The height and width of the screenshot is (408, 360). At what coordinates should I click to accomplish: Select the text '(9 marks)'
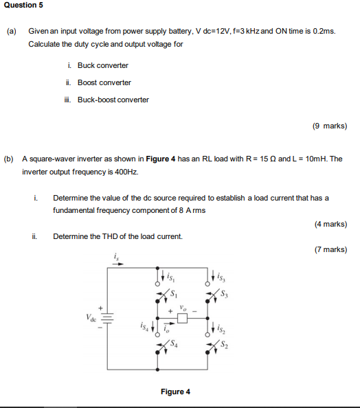(x=329, y=126)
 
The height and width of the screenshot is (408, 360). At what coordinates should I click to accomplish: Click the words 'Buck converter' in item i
(x=102, y=65)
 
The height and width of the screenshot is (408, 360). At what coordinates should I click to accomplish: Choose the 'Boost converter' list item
(x=104, y=82)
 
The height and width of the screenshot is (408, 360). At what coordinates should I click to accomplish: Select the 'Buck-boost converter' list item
(x=113, y=100)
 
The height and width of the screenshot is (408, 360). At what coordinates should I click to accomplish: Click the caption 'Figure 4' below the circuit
(x=175, y=392)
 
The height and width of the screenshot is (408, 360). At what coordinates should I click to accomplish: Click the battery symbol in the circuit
(x=108, y=318)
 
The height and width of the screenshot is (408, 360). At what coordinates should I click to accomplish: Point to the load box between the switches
(x=182, y=319)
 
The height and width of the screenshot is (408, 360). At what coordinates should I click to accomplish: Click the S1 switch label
(x=174, y=296)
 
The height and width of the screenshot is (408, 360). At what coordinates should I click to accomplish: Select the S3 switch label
(x=224, y=296)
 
